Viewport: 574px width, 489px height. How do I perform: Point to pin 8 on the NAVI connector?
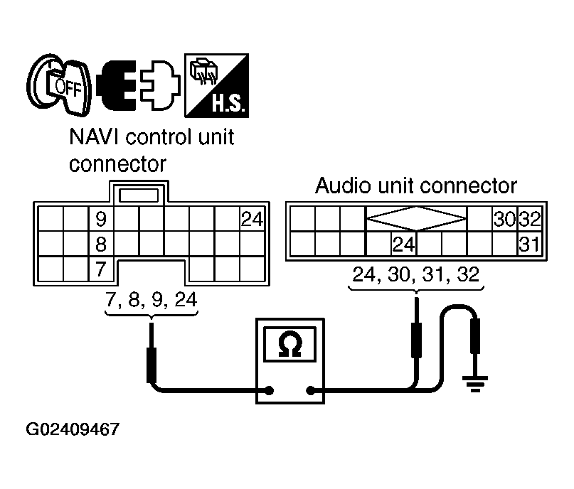(x=101, y=245)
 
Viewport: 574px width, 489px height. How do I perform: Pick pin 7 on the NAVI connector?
(x=101, y=270)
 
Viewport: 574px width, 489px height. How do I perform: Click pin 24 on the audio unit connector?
(x=403, y=244)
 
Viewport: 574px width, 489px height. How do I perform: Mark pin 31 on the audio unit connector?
(x=529, y=244)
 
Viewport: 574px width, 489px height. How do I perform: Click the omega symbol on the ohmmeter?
(x=290, y=346)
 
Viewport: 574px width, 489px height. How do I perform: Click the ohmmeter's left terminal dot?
(x=270, y=389)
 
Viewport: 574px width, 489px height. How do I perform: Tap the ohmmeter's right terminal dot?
(x=311, y=389)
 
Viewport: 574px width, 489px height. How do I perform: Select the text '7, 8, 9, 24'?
(x=150, y=299)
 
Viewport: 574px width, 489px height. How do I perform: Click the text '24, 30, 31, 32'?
(x=417, y=273)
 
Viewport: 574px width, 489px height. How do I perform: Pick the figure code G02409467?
(x=73, y=430)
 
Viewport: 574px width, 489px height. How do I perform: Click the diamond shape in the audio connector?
(x=416, y=218)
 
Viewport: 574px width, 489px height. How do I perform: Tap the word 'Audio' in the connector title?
(x=339, y=186)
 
